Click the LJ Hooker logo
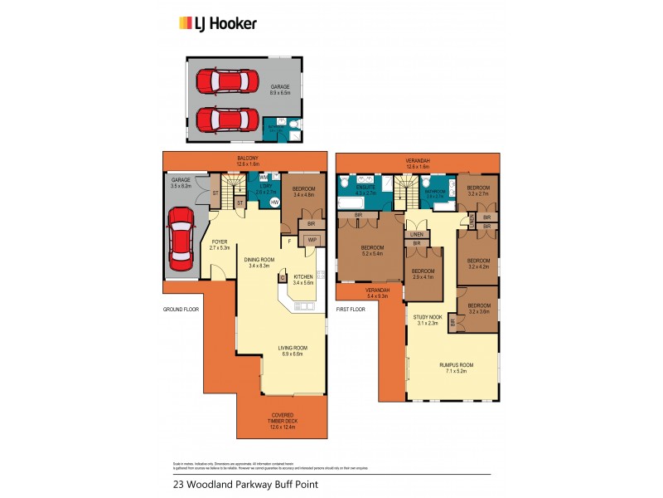tap(218, 23)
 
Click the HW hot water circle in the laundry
tap(274, 202)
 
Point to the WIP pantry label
tap(312, 241)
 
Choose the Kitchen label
tap(303, 280)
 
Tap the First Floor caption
tap(351, 309)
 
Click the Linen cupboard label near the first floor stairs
tap(416, 233)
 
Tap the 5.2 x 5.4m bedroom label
tap(370, 251)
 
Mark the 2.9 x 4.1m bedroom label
tap(423, 274)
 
